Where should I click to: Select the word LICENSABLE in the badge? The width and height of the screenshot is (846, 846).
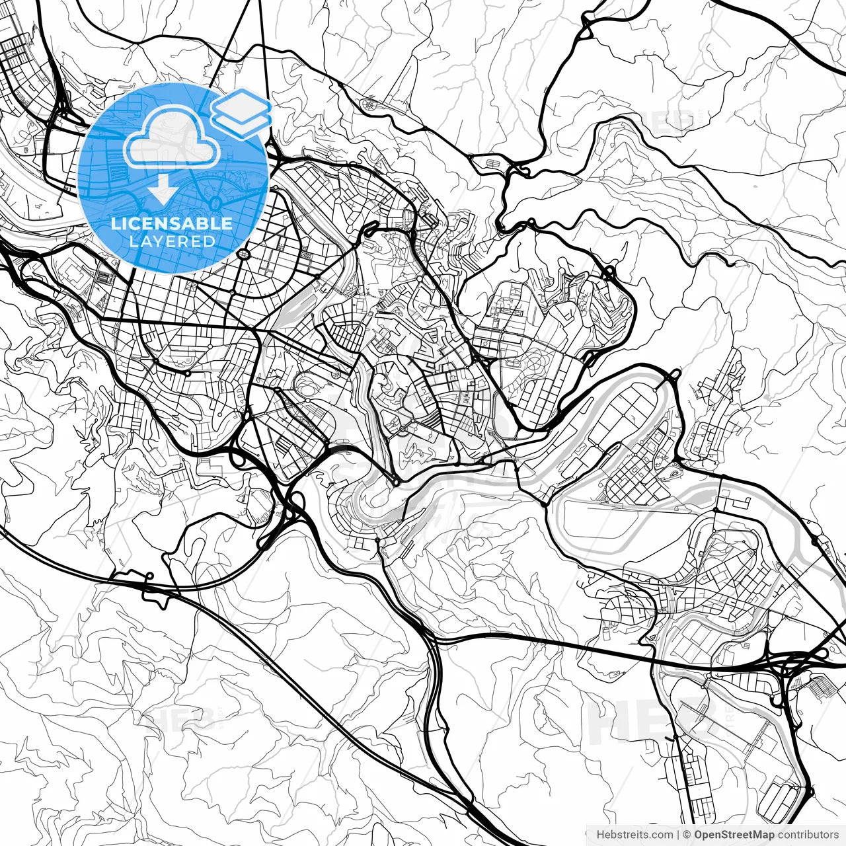tap(172, 223)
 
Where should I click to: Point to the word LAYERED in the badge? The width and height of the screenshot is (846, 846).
tap(172, 241)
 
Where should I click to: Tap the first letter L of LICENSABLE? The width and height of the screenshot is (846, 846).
tap(114, 223)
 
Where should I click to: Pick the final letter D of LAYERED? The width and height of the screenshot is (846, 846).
tap(210, 241)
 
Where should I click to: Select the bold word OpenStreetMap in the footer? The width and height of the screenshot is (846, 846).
tap(734, 835)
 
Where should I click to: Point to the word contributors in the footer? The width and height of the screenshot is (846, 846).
tap(808, 835)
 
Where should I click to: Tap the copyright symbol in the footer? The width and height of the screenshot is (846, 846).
tap(687, 835)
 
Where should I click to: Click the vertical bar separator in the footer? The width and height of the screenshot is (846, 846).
tap(678, 835)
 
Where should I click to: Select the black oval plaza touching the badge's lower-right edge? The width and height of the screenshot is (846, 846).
tap(245, 253)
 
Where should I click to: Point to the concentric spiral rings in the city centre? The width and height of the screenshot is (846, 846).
tap(306, 385)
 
